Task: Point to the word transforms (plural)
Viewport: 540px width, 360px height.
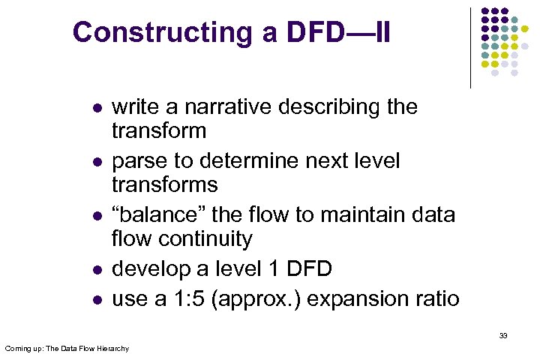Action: (164, 184)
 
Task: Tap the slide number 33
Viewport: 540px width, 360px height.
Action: (502, 336)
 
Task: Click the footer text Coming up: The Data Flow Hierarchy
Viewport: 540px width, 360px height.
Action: (67, 349)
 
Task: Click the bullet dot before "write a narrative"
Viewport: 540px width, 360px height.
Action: (95, 109)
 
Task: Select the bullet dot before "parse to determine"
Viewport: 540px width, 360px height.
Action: (95, 163)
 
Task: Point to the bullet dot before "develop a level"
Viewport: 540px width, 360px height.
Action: (95, 271)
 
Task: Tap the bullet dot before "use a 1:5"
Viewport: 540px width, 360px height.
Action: (95, 301)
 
